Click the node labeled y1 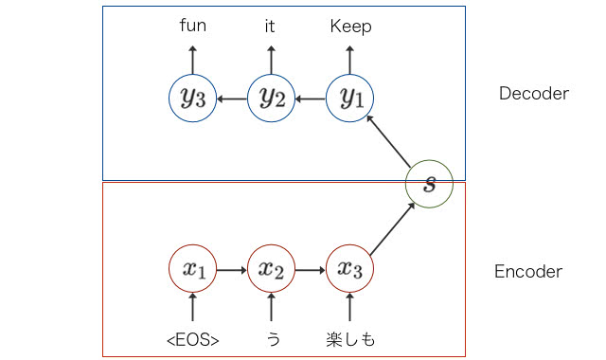pyautogui.click(x=350, y=99)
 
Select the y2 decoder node pyautogui.click(x=272, y=99)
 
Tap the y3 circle pyautogui.click(x=193, y=99)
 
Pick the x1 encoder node pyautogui.click(x=193, y=270)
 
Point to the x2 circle pyautogui.click(x=272, y=270)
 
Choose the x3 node pyautogui.click(x=350, y=270)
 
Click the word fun pyautogui.click(x=193, y=26)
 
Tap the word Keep pyautogui.click(x=350, y=26)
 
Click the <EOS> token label pyautogui.click(x=193, y=336)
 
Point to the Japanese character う pyautogui.click(x=272, y=336)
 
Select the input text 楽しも pyautogui.click(x=350, y=336)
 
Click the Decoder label pyautogui.click(x=533, y=94)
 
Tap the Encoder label pyautogui.click(x=528, y=272)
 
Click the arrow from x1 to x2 pyautogui.click(x=232, y=270)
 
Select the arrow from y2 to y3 pyautogui.click(x=232, y=99)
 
